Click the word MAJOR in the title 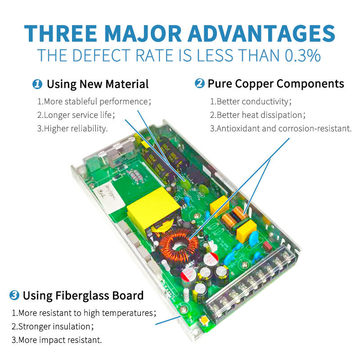[x=143, y=33]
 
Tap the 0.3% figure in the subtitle [x=302, y=55]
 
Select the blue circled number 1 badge [x=37, y=84]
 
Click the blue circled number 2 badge [x=199, y=83]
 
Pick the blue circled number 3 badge [x=14, y=295]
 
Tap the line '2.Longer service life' [x=76, y=115]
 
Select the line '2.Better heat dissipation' [x=257, y=115]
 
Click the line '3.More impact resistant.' [x=57, y=340]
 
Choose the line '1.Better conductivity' [x=251, y=102]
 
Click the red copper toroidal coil [x=179, y=246]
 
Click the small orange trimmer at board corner [x=204, y=320]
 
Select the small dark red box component [x=268, y=246]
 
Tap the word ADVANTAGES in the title [x=262, y=33]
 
